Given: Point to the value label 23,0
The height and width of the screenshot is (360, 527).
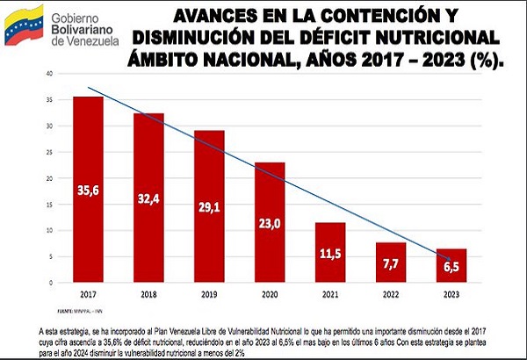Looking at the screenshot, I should [x=270, y=225].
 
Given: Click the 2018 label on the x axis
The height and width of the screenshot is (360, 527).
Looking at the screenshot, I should [x=148, y=293].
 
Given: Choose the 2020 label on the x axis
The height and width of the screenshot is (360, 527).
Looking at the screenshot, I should [x=270, y=293].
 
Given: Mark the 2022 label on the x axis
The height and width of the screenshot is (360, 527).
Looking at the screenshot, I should [x=391, y=293].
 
